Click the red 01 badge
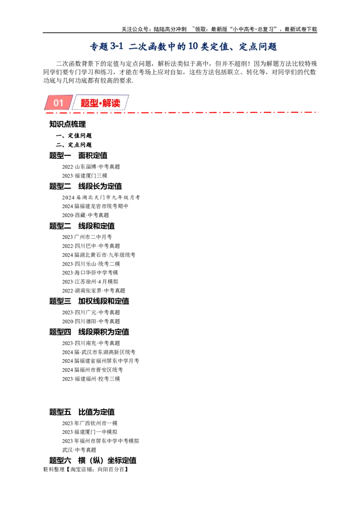click(58, 103)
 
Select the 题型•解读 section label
click(100, 103)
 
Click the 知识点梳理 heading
click(67, 125)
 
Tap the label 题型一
click(60, 156)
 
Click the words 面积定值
click(93, 156)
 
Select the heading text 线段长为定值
click(100, 186)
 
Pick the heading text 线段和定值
click(96, 226)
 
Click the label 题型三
click(60, 301)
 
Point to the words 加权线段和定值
click(103, 301)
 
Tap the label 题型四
click(60, 332)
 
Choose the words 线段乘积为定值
click(103, 332)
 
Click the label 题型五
click(60, 412)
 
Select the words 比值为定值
click(96, 412)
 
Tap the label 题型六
click(60, 460)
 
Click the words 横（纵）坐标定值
click(107, 460)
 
